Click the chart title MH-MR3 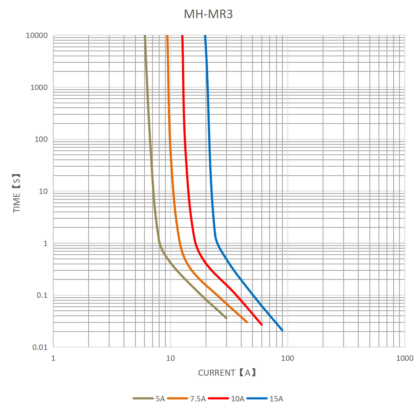click(208, 14)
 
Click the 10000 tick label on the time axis click(37, 35)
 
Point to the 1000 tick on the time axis click(39, 87)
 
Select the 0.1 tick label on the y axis click(42, 295)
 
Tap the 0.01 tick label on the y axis click(40, 347)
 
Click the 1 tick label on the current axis click(53, 358)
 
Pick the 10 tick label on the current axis click(170, 358)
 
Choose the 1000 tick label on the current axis click(405, 358)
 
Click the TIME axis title click(17, 193)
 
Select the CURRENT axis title click(227, 373)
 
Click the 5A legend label click(160, 399)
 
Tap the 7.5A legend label click(198, 399)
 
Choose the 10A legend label click(238, 399)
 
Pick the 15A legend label click(276, 399)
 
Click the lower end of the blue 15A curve click(282, 330)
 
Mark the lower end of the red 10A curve click(262, 324)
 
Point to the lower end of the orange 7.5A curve click(247, 322)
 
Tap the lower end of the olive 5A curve click(226, 318)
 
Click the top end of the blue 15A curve click(205, 36)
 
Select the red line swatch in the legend click(218, 398)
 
